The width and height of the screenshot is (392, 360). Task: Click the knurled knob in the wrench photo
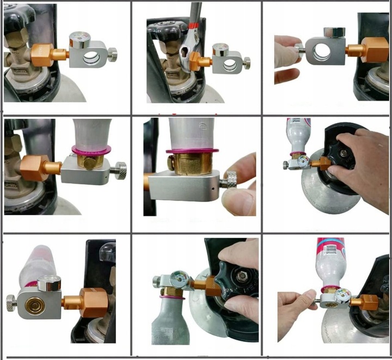246,64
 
